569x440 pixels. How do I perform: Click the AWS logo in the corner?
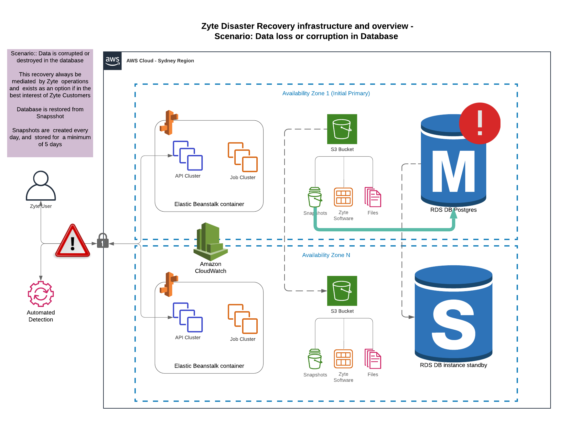113,60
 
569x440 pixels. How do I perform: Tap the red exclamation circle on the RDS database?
479,123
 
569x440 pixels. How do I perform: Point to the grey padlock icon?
102,241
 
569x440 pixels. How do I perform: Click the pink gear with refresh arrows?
41,294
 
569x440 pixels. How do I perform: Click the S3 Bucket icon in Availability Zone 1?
342,129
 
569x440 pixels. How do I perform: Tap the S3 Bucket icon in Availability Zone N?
342,291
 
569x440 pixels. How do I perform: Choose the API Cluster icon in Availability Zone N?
188,317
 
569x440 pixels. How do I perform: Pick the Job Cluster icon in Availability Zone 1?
243,157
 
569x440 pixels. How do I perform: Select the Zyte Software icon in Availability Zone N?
343,359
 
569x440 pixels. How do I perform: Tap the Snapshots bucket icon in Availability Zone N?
315,359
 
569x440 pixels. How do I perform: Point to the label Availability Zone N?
326,255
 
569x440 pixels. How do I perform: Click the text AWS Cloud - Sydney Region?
160,60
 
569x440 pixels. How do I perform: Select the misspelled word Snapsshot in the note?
50,116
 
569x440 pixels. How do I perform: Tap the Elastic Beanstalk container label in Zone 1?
209,204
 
